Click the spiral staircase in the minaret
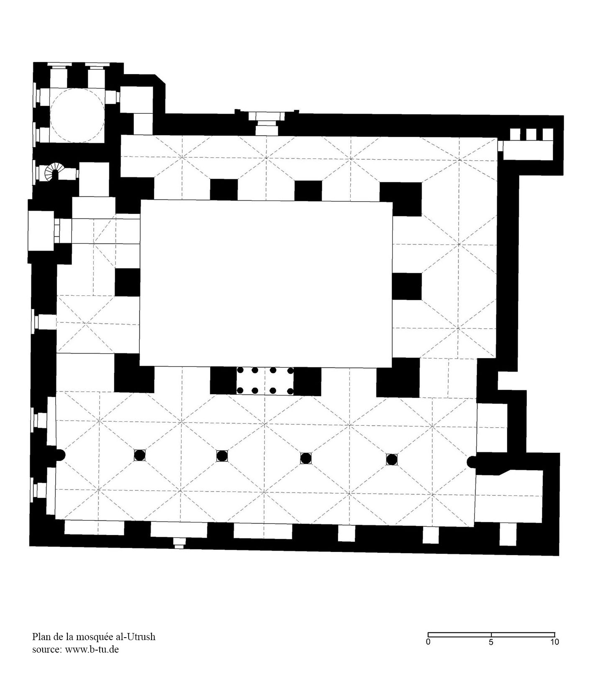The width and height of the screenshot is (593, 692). [x=53, y=172]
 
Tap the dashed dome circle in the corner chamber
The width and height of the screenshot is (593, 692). [x=51, y=115]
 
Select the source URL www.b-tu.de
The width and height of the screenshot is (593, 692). [x=92, y=649]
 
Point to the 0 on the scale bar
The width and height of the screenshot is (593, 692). [x=428, y=642]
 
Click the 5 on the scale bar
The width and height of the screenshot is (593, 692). [x=491, y=642]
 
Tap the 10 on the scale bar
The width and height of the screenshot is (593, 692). [x=554, y=642]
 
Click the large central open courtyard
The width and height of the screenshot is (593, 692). [x=266, y=284]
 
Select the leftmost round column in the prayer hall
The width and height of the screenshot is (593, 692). [x=139, y=455]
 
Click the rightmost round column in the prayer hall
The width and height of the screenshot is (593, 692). [x=392, y=459]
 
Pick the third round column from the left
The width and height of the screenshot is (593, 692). [x=306, y=458]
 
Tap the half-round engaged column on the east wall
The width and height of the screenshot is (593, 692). [x=471, y=461]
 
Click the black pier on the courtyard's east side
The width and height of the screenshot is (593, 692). [x=407, y=287]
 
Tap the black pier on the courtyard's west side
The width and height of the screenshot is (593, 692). [x=127, y=282]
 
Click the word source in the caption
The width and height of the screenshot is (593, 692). [x=46, y=650]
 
